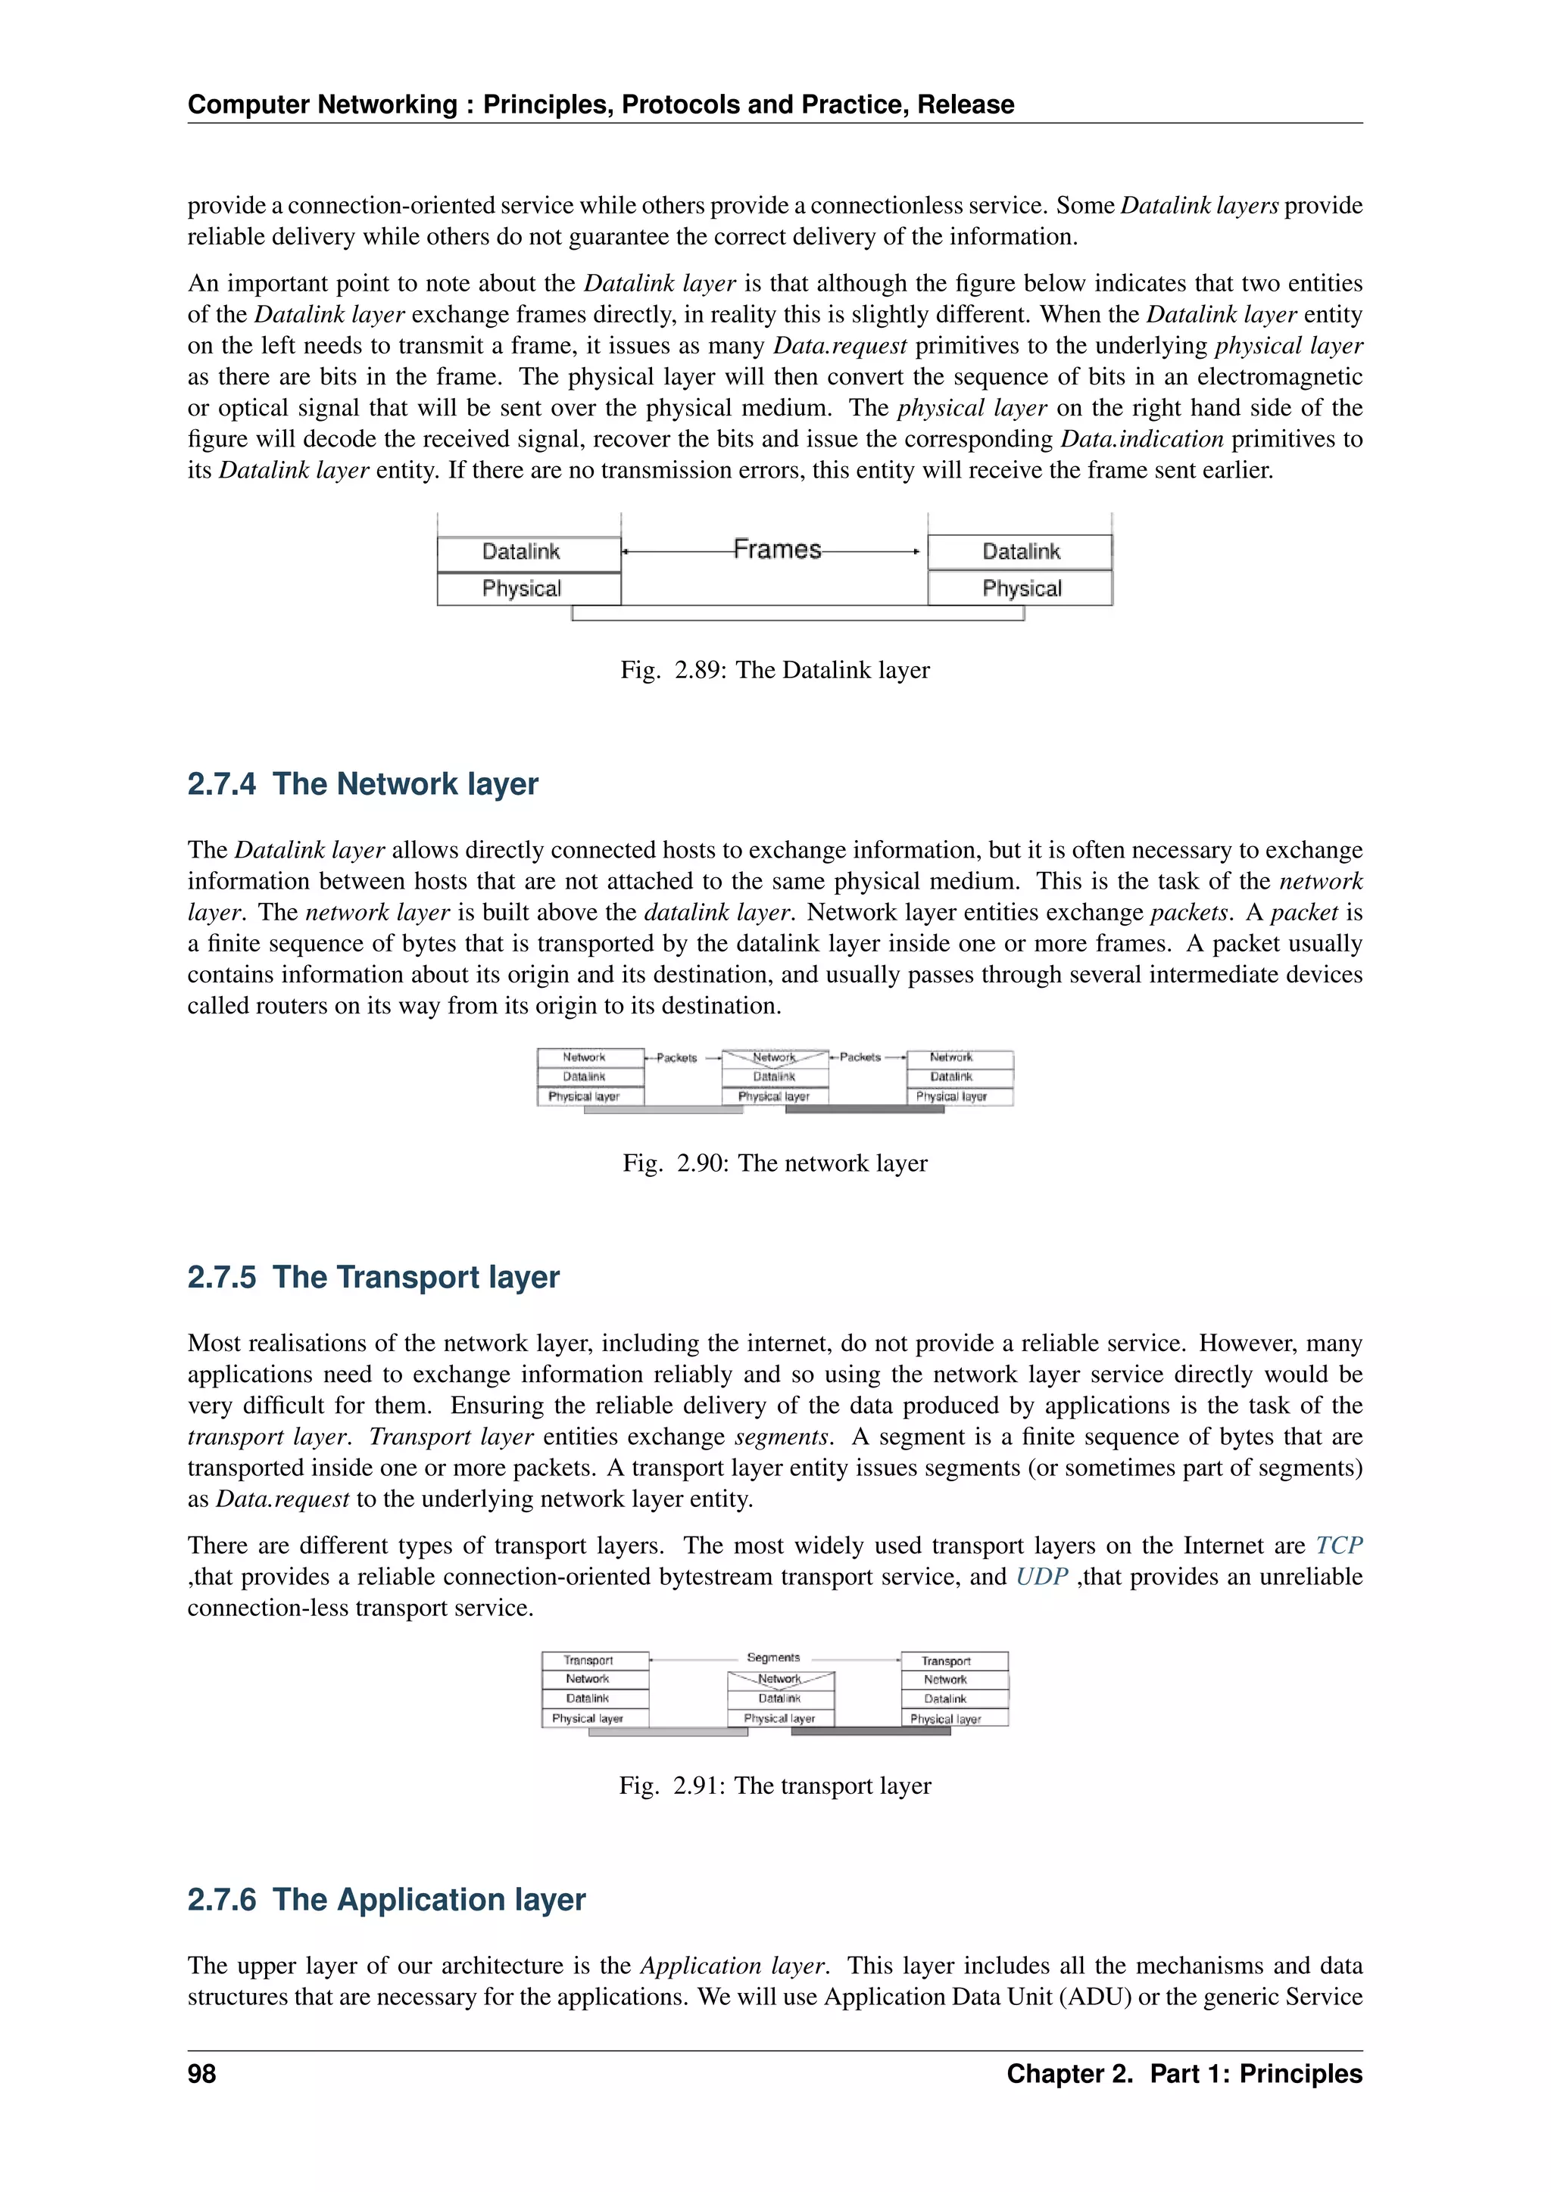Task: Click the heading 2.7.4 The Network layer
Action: click(362, 784)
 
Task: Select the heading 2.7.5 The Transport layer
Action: click(373, 1278)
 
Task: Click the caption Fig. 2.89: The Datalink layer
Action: click(775, 670)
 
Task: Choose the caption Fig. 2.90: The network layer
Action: click(775, 1163)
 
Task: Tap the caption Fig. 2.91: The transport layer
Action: click(775, 1786)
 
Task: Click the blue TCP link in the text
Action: click(1338, 1546)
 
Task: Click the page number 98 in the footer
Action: click(201, 2074)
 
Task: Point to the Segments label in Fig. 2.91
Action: click(772, 1658)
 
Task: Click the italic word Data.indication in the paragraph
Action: click(1141, 439)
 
